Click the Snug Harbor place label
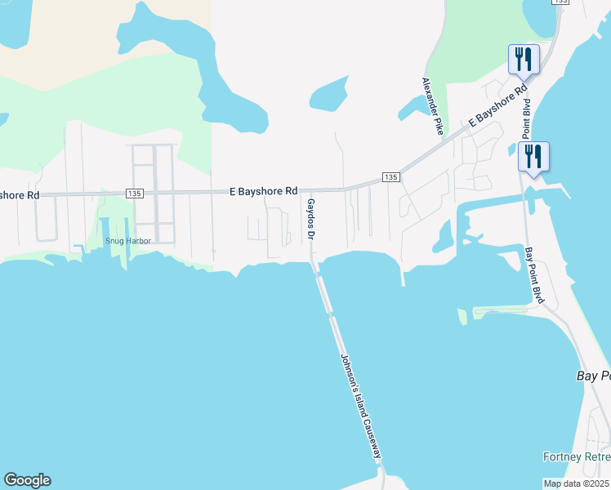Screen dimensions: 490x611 (127, 241)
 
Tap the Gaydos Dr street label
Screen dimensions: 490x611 (310, 217)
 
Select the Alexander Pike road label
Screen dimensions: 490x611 (431, 105)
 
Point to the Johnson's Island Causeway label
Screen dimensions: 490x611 (360, 405)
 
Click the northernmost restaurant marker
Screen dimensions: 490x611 (524, 60)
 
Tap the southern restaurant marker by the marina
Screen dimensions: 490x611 (533, 157)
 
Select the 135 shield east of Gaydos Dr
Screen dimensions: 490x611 (390, 177)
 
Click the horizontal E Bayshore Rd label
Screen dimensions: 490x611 (263, 191)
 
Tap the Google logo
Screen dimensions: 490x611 (27, 480)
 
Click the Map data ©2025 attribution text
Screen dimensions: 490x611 (576, 483)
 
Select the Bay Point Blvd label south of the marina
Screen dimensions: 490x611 (533, 275)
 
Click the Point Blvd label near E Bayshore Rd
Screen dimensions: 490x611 (527, 119)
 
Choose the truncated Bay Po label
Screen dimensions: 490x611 (593, 376)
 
